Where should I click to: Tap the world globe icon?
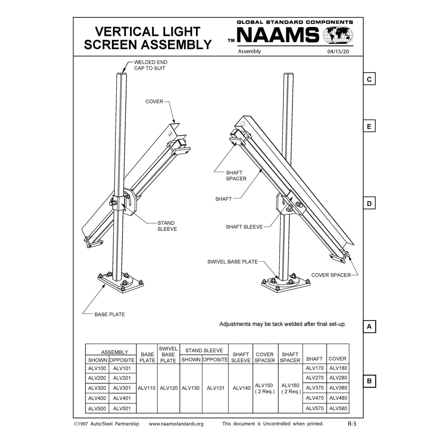pos(339,35)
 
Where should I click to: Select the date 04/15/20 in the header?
pos(338,52)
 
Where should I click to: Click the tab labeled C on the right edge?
pos(369,79)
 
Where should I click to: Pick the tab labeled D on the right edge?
pos(369,203)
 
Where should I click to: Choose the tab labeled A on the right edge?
pos(369,327)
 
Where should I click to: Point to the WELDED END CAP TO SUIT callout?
pos(150,65)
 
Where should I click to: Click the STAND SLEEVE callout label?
pos(167,226)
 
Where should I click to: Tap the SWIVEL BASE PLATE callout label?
pos(233,262)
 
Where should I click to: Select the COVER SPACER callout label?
pos(331,275)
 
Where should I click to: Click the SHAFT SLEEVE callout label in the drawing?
pos(244,227)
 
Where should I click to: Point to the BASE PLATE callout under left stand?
pos(109,314)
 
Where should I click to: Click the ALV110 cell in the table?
pos(147,388)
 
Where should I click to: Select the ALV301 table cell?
pos(122,388)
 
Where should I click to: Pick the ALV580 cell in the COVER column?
pos(338,408)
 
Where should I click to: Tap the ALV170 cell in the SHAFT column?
pos(315,368)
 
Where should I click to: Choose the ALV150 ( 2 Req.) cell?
pos(265,388)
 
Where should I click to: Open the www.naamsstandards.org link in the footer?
pos(176,424)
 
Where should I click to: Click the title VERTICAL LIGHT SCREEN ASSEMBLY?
pos(148,38)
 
